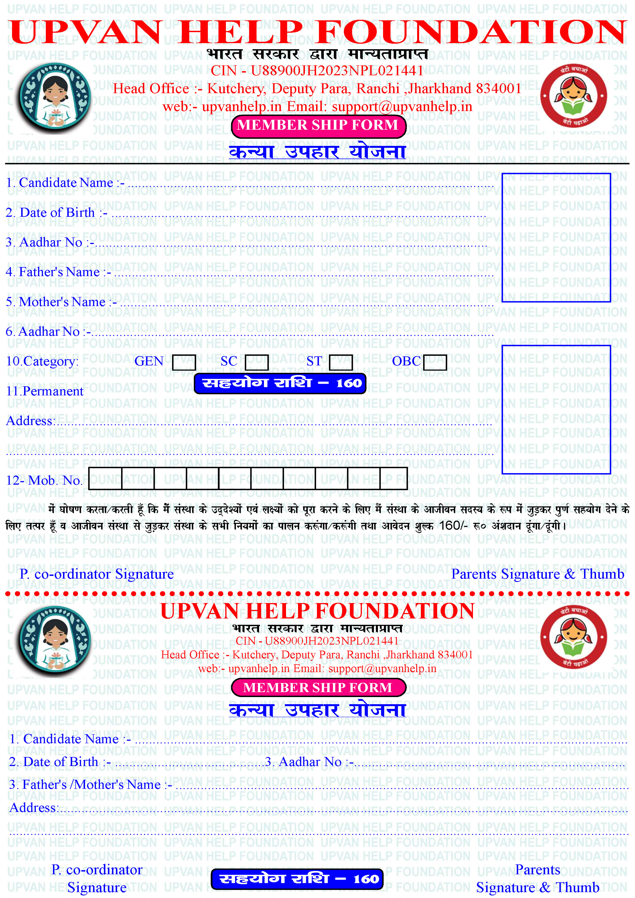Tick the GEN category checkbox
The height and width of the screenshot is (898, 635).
pos(184,362)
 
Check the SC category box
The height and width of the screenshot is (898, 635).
pos(257,362)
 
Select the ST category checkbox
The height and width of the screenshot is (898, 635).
pos(341,362)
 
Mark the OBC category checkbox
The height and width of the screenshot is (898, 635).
pos(435,362)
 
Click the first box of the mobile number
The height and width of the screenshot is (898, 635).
pos(105,479)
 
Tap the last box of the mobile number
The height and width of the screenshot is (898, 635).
pos(393,479)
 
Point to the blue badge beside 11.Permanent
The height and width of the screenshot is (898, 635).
pos(280,383)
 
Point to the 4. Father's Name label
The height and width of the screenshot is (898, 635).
pos(59,272)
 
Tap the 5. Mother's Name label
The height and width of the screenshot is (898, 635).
pos(61,302)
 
